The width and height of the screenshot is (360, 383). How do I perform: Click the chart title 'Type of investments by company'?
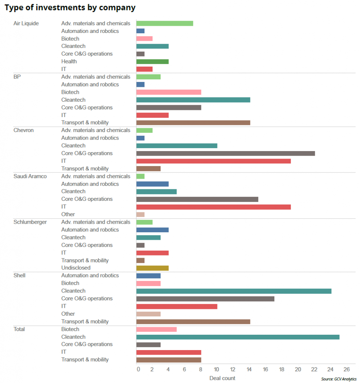[x=70, y=7]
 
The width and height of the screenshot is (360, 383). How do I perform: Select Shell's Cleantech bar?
[x=234, y=291]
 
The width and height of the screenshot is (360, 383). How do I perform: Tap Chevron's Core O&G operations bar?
[x=225, y=153]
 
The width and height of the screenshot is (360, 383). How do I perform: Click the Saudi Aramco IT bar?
[x=213, y=207]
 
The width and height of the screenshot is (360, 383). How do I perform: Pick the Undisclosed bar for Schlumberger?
[x=152, y=268]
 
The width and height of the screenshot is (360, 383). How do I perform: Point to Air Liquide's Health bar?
[x=152, y=61]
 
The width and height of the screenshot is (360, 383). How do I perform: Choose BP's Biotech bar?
[x=168, y=92]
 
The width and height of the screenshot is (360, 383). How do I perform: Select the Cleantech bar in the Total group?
[x=238, y=337]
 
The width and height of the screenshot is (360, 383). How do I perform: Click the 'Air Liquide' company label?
[x=26, y=23]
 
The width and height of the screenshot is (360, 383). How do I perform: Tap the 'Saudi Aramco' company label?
[x=30, y=176]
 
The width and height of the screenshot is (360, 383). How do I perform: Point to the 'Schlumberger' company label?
[x=30, y=222]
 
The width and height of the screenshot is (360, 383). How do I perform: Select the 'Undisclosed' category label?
[x=76, y=268]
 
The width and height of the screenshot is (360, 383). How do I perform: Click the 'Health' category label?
[x=69, y=61]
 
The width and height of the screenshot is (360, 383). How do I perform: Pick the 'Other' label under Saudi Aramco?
[x=68, y=214]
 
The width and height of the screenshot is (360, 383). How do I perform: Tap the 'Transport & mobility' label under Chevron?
[x=85, y=169]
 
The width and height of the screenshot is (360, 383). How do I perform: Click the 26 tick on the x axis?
[x=347, y=370]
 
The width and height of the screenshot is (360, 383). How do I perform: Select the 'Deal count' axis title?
[x=222, y=378]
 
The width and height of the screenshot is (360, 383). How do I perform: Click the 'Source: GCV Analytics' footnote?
[x=339, y=379]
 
